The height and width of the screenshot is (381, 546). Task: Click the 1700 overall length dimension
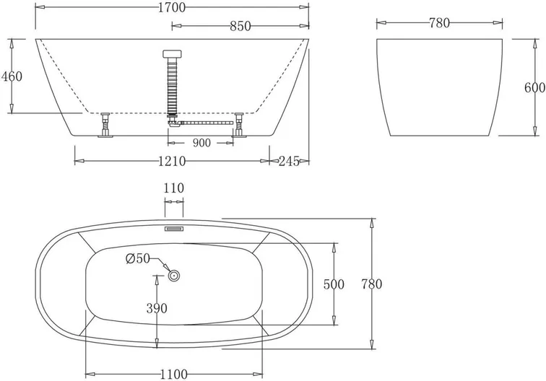coord(172,7)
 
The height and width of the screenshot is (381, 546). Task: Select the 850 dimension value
coord(240,26)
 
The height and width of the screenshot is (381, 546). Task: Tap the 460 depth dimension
coord(12,76)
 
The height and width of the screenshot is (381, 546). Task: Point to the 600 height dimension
coord(535,87)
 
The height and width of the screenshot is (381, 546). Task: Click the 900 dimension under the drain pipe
coord(201,143)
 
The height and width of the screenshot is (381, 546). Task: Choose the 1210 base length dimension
coord(172,161)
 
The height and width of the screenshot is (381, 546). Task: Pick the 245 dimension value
coord(289,161)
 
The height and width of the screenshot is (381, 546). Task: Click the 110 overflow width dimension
coord(174,188)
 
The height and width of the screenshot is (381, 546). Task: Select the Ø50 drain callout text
coord(138,258)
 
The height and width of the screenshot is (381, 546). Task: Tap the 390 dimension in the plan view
coord(157,308)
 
